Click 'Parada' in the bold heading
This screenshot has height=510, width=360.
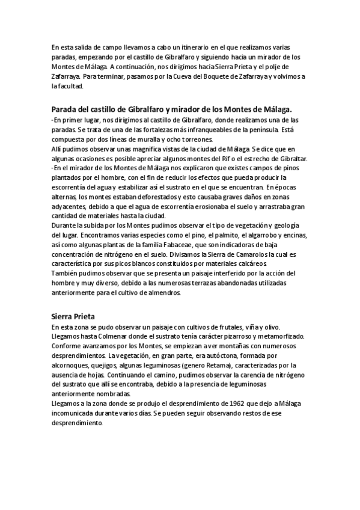[x=67, y=109]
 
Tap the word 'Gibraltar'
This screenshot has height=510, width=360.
[x=291, y=158]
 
